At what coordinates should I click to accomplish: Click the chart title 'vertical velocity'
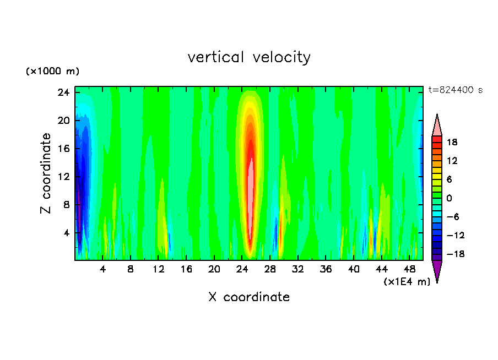(x=249, y=57)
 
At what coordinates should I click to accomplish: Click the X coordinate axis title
(x=249, y=297)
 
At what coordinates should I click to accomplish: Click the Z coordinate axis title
(x=46, y=173)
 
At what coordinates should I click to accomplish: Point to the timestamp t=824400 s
(x=455, y=90)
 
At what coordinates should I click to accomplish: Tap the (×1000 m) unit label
(x=52, y=72)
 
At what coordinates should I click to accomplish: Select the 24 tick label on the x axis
(x=242, y=270)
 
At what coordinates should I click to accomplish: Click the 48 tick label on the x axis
(x=409, y=270)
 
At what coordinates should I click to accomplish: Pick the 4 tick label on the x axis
(x=102, y=270)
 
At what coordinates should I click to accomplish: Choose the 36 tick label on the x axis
(x=326, y=270)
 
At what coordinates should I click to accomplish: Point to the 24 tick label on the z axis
(x=63, y=92)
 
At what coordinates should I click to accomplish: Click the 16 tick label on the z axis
(x=63, y=149)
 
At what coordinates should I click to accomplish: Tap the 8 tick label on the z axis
(x=66, y=205)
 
